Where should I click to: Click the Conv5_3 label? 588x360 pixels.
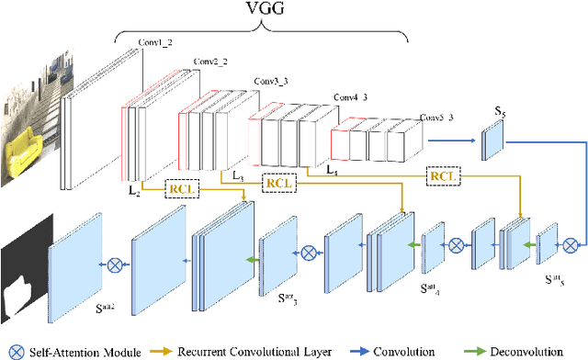tap(437, 118)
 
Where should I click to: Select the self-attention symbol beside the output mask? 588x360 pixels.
tap(115, 264)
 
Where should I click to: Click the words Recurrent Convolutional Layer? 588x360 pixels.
tap(266, 350)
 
